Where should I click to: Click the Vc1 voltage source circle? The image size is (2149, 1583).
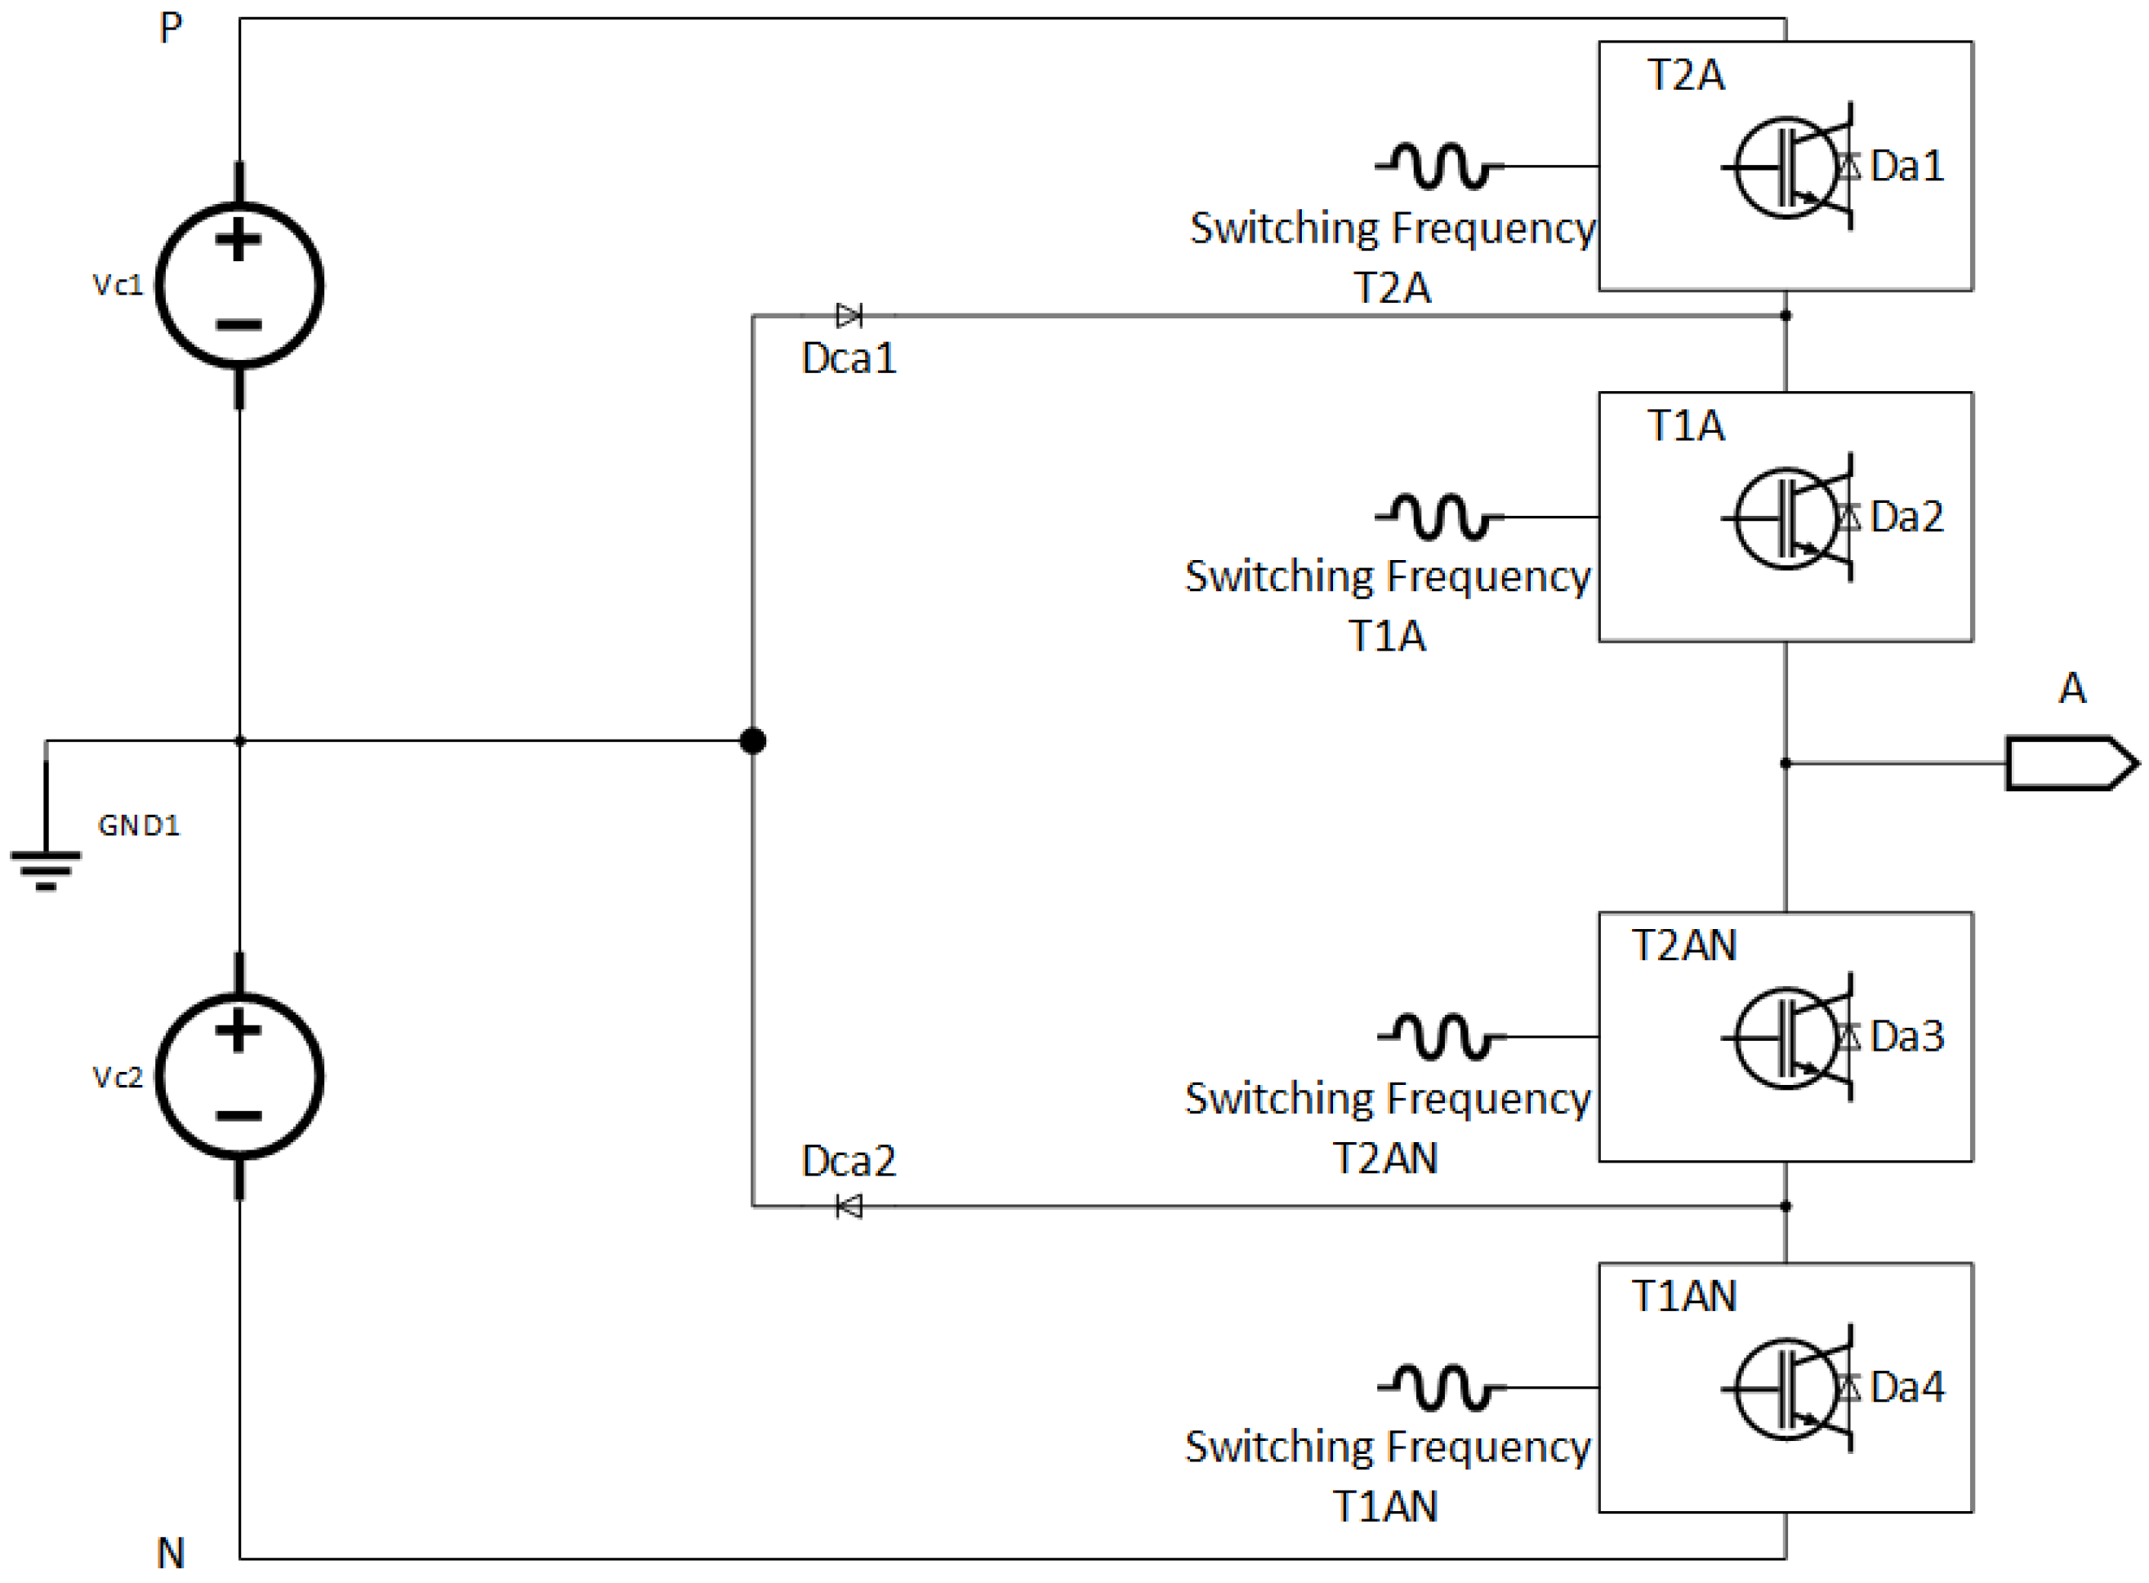tap(239, 285)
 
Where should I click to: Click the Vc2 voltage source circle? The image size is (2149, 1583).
tap(239, 1075)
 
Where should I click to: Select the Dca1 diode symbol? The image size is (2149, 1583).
tap(849, 315)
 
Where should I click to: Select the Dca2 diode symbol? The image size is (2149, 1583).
tap(849, 1206)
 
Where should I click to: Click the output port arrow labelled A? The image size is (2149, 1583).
tap(2071, 763)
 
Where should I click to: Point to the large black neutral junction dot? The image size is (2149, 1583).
tap(752, 740)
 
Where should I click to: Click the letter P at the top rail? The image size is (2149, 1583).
tap(171, 28)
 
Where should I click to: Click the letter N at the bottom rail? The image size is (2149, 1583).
tap(171, 1552)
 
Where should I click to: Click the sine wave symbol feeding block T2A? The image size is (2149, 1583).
tap(1438, 166)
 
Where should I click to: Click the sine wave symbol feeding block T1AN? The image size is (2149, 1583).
tap(1440, 1386)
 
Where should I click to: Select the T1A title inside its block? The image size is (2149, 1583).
tap(1685, 425)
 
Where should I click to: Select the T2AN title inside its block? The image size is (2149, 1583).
tap(1683, 945)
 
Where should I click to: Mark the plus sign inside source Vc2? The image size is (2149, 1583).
tap(239, 1031)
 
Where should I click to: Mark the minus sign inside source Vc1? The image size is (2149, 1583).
tap(239, 325)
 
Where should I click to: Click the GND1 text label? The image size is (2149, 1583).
tap(139, 825)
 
